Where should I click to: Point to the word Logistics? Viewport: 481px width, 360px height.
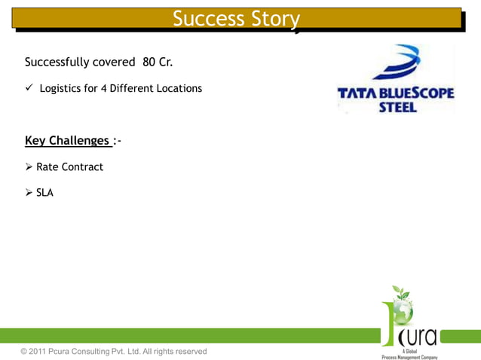click(x=60, y=88)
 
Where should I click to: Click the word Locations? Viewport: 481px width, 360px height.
click(x=179, y=88)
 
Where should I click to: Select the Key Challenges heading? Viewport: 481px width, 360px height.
click(x=67, y=141)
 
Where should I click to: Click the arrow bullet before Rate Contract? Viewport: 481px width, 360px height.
click(x=29, y=166)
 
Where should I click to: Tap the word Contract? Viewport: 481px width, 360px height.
click(x=82, y=166)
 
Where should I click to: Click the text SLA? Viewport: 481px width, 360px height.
click(x=44, y=193)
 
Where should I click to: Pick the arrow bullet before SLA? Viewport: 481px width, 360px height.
click(x=29, y=193)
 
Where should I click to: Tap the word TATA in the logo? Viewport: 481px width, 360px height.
click(x=357, y=94)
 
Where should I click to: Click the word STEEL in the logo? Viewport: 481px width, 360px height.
click(x=397, y=107)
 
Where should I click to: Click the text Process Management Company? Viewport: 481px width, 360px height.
click(x=409, y=356)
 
